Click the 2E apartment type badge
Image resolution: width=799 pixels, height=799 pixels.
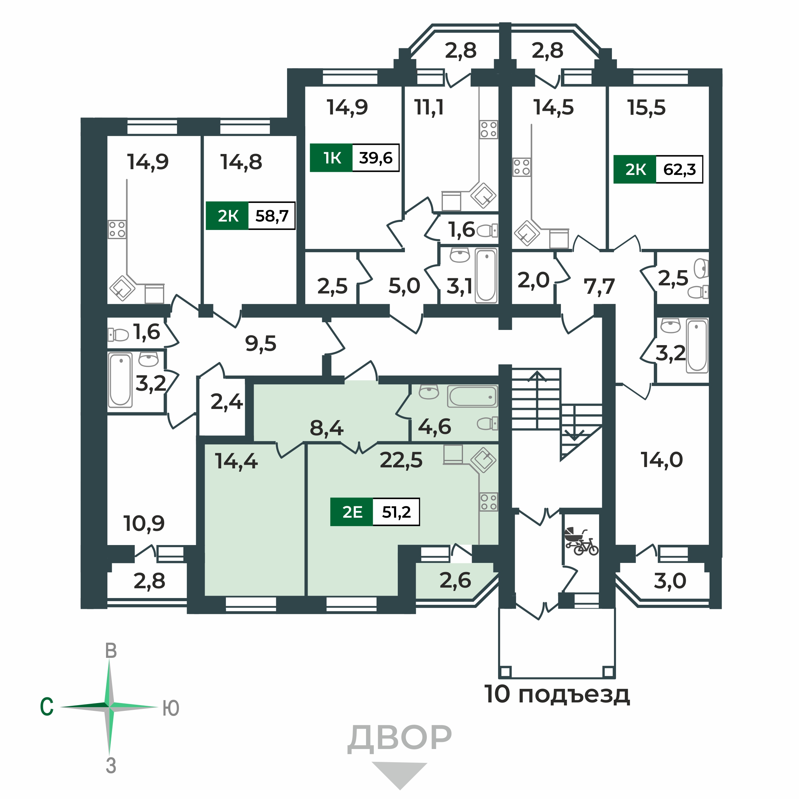pos(352,512)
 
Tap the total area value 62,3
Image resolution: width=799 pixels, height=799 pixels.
pos(679,169)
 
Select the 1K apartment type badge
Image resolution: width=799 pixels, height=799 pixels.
pos(332,158)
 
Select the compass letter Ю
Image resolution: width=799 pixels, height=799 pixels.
pos(171,708)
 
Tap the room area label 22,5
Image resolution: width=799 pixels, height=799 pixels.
pos(401,460)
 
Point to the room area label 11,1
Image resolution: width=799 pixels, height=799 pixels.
pos(429,107)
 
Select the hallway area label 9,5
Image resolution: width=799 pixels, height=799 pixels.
pos(261,343)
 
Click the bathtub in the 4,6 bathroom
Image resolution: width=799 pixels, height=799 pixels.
pos(473,396)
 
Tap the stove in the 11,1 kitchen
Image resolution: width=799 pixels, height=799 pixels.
pos(488,129)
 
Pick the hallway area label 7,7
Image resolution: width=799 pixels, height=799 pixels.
pos(599,286)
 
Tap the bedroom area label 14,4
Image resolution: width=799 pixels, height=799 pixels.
pos(236,461)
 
